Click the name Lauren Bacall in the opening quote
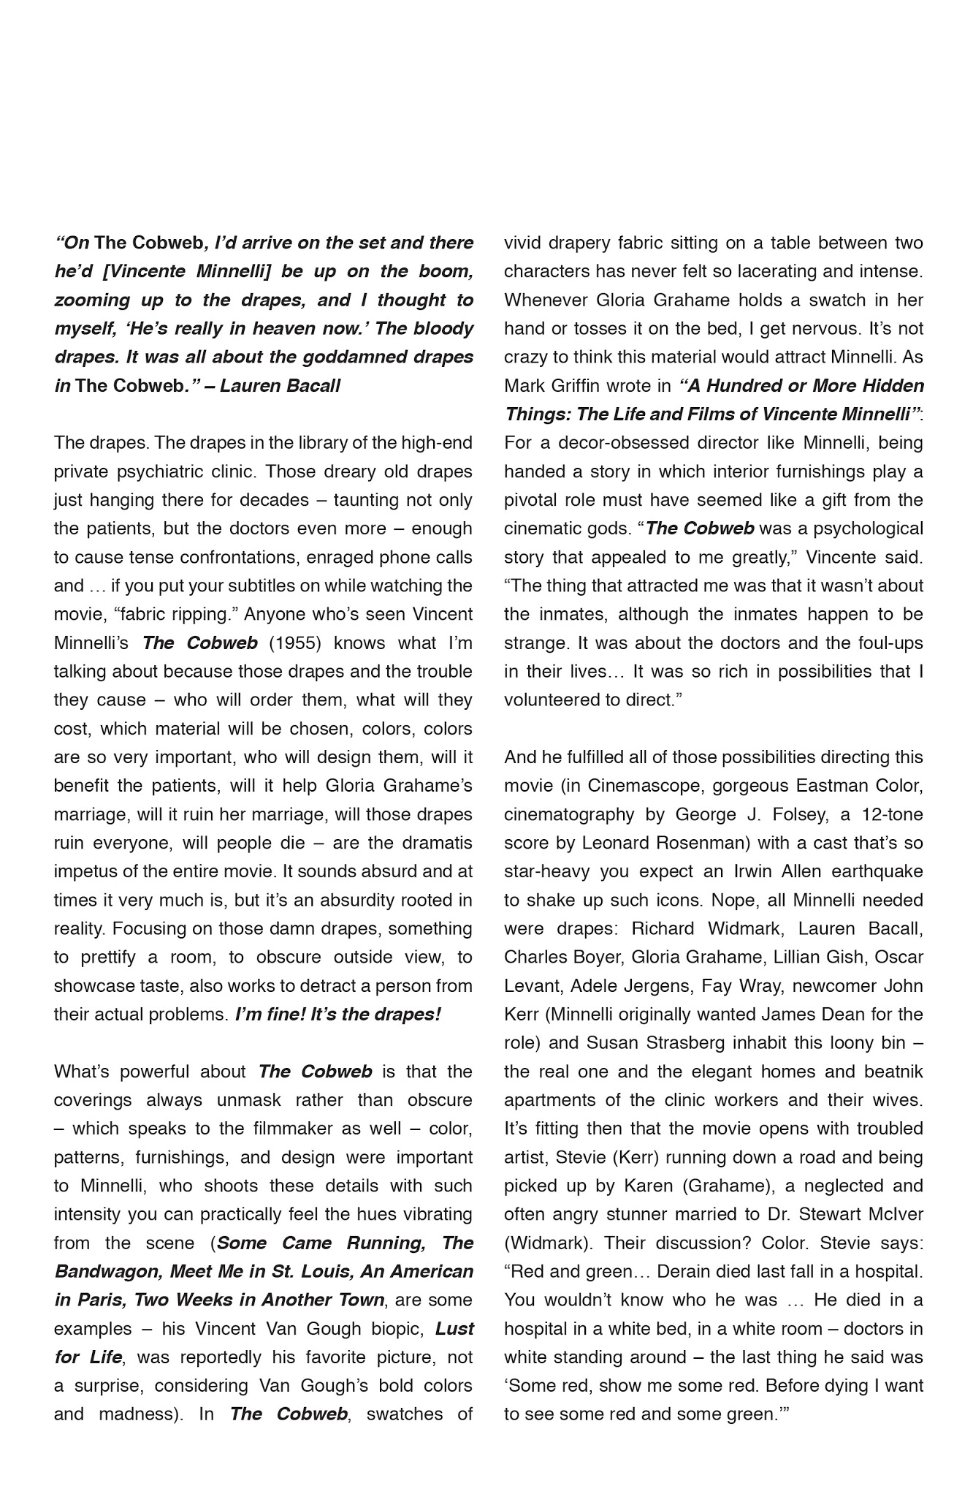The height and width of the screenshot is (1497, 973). coord(280,385)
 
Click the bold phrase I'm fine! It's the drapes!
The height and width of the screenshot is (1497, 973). coord(338,1015)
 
